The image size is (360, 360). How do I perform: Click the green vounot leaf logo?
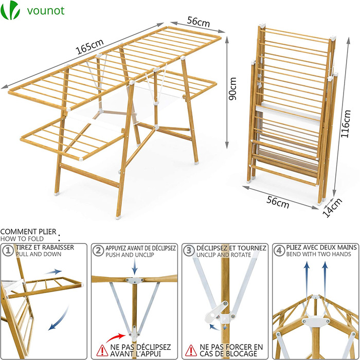point(10,10)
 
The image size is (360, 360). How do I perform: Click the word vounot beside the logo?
point(46,11)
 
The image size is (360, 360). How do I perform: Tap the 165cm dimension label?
point(89,46)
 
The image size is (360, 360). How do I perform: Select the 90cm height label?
point(232,88)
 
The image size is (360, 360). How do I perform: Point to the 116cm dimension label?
point(346,124)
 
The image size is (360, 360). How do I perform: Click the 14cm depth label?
point(332,207)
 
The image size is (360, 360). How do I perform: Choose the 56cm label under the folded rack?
point(278,202)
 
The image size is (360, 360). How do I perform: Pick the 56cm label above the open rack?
point(199,22)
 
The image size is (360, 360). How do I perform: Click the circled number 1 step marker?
point(8,250)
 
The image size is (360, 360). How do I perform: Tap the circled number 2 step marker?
point(98,250)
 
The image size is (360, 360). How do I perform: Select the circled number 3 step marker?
point(189,250)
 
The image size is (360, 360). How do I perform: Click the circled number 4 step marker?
point(279,250)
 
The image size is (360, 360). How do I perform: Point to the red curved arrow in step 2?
point(116,337)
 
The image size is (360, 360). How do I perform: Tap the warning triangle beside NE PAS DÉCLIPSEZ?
point(102,350)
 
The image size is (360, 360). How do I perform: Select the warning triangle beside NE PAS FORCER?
point(191,350)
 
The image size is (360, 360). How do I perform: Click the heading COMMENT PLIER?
point(28,231)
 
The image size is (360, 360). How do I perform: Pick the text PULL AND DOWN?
point(39,254)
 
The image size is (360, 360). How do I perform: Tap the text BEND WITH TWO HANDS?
point(319,254)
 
